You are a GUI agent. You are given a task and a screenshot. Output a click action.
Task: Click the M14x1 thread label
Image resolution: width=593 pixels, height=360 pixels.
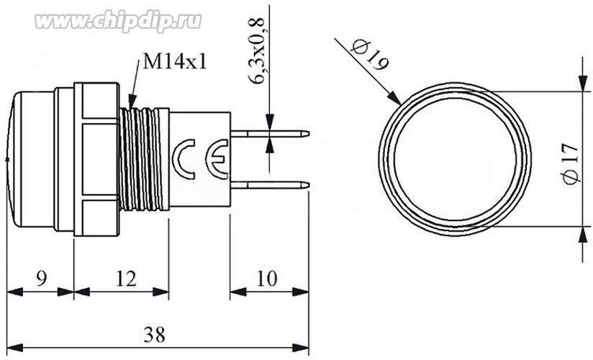coord(175,61)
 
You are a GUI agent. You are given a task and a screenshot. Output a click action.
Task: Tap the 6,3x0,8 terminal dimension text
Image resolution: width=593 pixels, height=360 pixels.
coord(256,50)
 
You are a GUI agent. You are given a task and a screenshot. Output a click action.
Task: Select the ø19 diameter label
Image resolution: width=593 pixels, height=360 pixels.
coord(369,55)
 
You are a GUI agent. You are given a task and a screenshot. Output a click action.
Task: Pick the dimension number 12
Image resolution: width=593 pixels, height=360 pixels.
coord(125,279)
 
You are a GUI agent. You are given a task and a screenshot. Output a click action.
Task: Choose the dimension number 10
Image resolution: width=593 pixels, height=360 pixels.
coord(266,279)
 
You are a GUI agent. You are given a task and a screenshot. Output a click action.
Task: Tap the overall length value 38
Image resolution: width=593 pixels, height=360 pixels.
coord(155,334)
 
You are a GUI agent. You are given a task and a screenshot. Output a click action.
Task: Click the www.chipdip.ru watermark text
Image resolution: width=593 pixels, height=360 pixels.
coord(118,21)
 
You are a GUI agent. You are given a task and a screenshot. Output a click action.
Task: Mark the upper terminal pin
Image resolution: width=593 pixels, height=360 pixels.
coord(270,134)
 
